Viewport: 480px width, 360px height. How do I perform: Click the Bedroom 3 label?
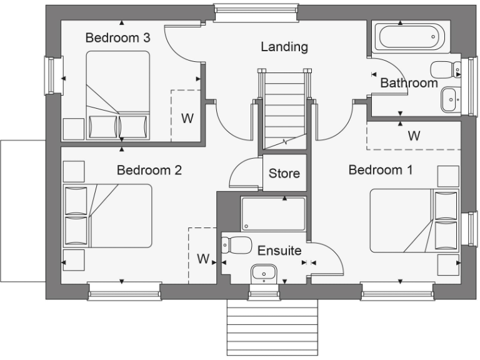[117, 38]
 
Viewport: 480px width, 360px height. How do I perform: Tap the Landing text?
[284, 47]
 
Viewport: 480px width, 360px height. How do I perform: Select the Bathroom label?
[409, 83]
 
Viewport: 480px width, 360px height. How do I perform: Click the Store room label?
[284, 174]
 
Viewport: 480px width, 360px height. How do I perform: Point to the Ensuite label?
[279, 251]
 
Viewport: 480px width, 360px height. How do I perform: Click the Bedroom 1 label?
[380, 170]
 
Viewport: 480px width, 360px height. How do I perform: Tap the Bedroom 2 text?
[149, 170]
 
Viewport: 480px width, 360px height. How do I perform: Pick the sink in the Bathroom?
[449, 99]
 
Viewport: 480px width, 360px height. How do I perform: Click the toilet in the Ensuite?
[237, 245]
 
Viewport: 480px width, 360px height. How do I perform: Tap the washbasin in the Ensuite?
[264, 272]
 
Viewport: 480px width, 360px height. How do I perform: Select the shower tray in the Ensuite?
[273, 214]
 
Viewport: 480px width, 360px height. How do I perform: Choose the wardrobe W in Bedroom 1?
[413, 136]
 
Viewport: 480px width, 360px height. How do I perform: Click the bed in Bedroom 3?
[117, 95]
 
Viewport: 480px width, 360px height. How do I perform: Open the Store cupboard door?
[244, 172]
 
